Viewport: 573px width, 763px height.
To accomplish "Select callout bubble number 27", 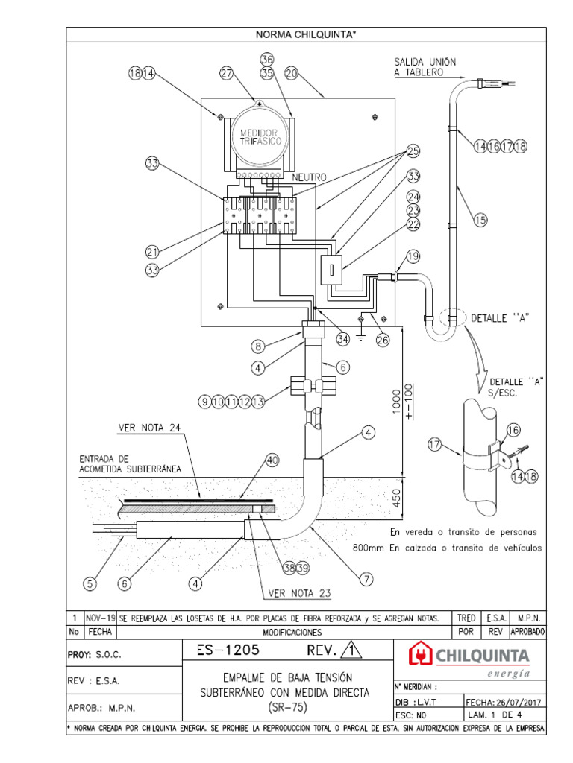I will (x=228, y=73).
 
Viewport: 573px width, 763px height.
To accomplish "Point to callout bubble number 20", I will (x=292, y=73).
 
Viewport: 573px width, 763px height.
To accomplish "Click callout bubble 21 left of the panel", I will (x=152, y=253).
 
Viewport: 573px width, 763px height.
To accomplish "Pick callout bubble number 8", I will (x=257, y=346).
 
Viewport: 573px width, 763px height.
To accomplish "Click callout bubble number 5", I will (x=90, y=584).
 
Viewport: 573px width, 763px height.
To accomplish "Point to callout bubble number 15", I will (x=479, y=219).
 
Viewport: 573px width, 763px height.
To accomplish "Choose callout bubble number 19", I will (x=413, y=258).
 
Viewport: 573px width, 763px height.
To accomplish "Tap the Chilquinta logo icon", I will (x=422, y=655).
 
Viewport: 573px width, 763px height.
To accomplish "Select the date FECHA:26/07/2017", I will (x=504, y=701).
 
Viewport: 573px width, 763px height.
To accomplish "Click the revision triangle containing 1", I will (x=351, y=652).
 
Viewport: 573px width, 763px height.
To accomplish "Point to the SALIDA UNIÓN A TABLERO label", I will (x=425, y=66).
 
